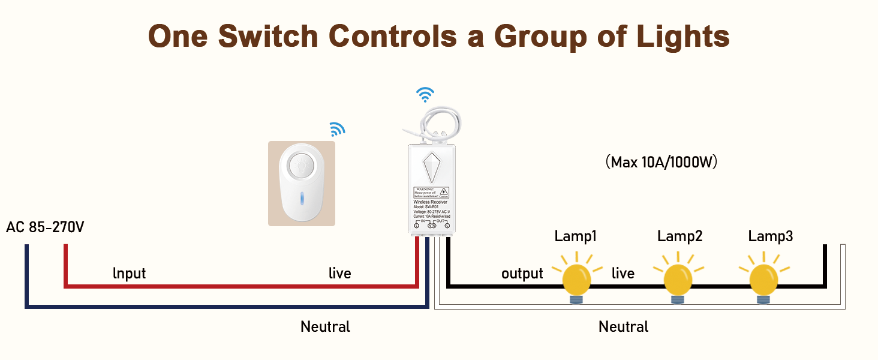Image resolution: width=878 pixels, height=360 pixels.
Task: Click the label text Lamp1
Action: (575, 236)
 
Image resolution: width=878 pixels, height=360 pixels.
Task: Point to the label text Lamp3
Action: (770, 236)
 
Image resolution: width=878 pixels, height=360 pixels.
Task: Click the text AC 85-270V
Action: (46, 228)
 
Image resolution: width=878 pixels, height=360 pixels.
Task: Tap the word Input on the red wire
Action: (129, 274)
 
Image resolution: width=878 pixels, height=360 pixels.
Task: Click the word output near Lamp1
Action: (522, 274)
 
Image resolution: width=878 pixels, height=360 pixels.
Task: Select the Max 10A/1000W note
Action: (661, 162)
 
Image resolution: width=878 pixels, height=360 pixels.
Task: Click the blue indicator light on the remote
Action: (302, 199)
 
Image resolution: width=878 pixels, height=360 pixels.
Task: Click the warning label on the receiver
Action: (432, 192)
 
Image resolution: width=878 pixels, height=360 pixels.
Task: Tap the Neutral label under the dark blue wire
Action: (325, 327)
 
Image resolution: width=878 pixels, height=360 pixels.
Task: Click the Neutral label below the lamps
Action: (623, 327)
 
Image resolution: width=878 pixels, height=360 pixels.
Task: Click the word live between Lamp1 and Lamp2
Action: (623, 274)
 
